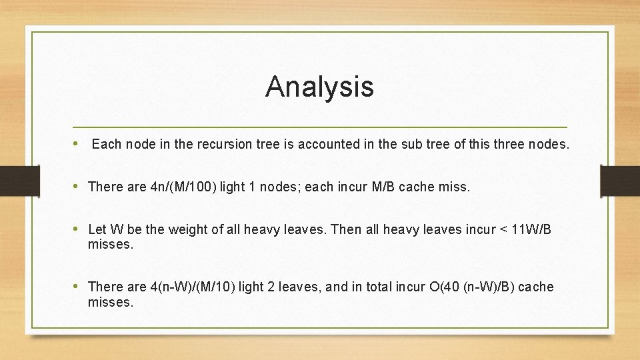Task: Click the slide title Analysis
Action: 319,87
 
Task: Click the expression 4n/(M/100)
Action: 183,187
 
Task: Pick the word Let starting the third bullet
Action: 97,230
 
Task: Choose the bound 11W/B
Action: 529,230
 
